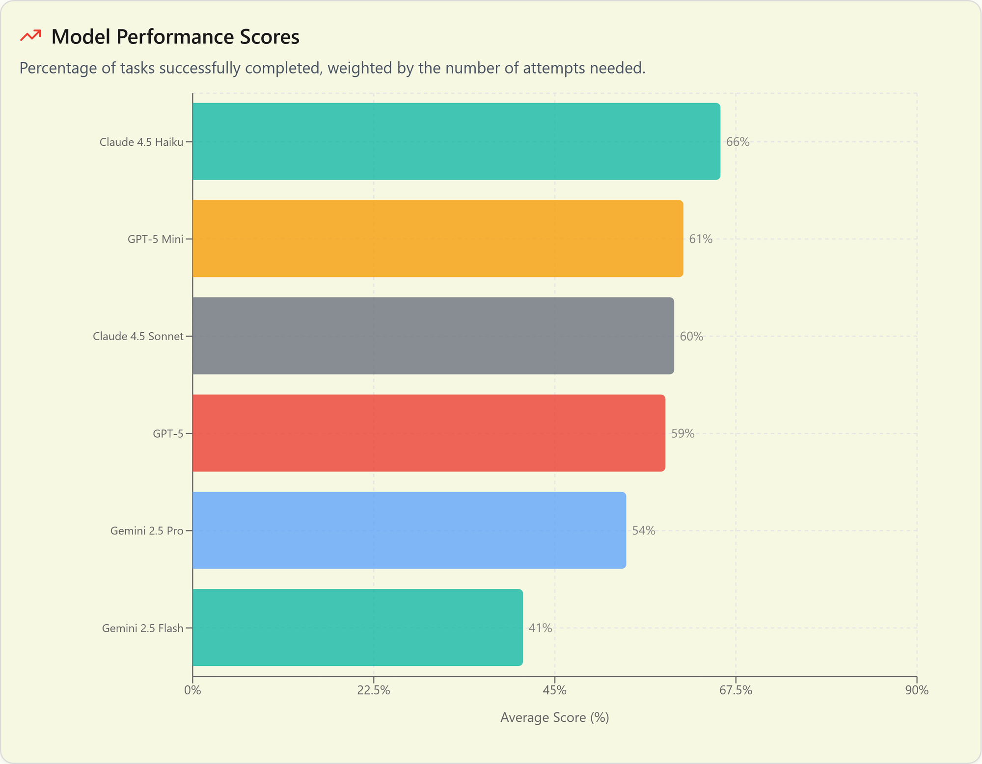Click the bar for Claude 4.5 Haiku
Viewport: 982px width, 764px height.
pyautogui.click(x=456, y=141)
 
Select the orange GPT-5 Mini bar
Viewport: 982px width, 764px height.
pyautogui.click(x=437, y=238)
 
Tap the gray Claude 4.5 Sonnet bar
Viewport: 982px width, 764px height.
pyautogui.click(x=433, y=336)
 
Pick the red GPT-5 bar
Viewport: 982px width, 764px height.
pyautogui.click(x=429, y=433)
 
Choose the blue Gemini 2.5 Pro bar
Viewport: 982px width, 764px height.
pyautogui.click(x=409, y=530)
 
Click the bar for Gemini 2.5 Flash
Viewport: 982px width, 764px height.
pyautogui.click(x=357, y=627)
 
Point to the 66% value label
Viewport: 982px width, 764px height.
pyautogui.click(x=737, y=142)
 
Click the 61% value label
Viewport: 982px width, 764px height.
pyautogui.click(x=700, y=239)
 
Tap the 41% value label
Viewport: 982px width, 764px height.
pyautogui.click(x=540, y=628)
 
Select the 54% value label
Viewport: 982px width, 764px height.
pyautogui.click(x=643, y=530)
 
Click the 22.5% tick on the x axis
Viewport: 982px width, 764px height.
pyautogui.click(x=374, y=690)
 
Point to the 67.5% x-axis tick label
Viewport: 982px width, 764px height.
pyautogui.click(x=736, y=690)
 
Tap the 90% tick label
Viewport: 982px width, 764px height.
pyautogui.click(x=916, y=690)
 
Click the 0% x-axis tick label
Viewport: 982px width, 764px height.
pyautogui.click(x=192, y=690)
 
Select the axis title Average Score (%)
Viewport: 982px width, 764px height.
pyautogui.click(x=554, y=717)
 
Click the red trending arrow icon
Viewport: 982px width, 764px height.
pyautogui.click(x=30, y=36)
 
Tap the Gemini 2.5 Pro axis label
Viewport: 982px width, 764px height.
pyautogui.click(x=146, y=530)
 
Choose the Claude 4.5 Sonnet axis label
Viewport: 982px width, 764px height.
pyautogui.click(x=137, y=336)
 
